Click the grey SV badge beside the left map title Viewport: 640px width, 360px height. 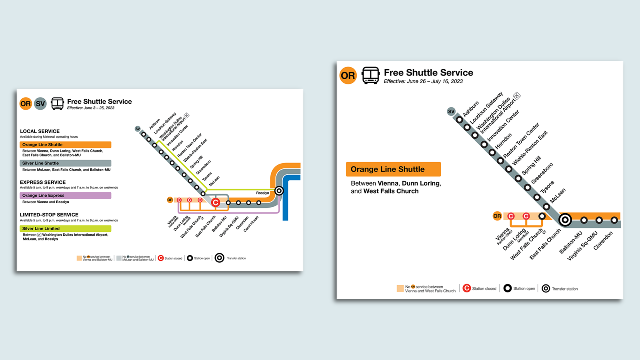[40, 104]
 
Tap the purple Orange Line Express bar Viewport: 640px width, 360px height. [65, 196]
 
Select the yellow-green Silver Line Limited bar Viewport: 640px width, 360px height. [65, 228]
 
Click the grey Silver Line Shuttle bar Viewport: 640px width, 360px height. [65, 163]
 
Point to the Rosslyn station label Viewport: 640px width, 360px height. [262, 193]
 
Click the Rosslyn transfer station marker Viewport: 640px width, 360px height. [279, 191]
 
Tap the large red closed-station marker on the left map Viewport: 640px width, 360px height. [216, 202]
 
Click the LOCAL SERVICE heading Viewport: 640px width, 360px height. [40, 131]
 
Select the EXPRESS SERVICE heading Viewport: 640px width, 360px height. [43, 182]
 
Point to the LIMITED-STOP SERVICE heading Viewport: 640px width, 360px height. [49, 215]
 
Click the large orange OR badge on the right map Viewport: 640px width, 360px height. [348, 75]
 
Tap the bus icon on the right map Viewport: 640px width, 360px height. [370, 75]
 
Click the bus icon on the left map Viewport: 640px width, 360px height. [57, 104]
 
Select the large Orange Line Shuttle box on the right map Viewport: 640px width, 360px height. [393, 169]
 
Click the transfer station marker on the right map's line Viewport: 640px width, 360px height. [565, 220]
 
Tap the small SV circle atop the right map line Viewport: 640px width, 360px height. [451, 112]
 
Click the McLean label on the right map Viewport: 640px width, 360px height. [558, 196]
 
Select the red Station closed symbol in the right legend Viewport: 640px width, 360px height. [467, 288]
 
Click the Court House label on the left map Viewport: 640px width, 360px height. [251, 224]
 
